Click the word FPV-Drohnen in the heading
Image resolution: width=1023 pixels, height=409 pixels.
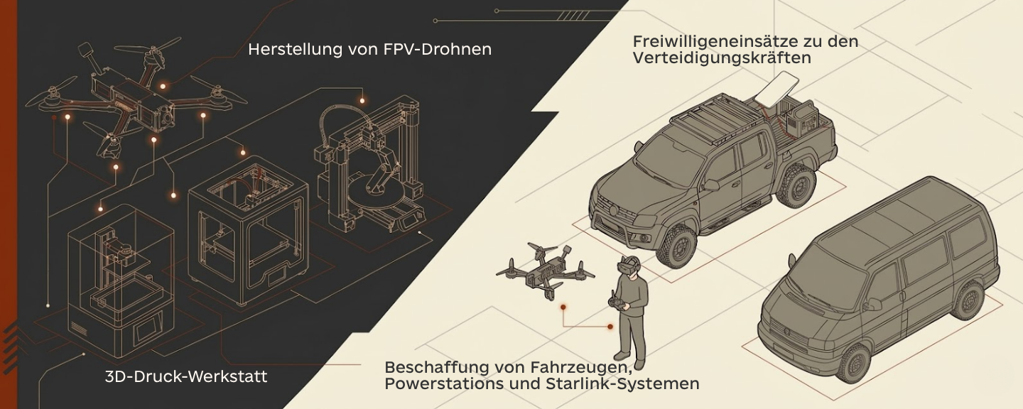[x=438, y=49]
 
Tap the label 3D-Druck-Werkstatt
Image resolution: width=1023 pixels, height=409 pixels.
[x=186, y=376]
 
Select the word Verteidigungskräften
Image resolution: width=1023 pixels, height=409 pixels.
[x=722, y=58]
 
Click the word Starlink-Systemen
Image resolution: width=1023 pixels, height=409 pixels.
[x=622, y=383]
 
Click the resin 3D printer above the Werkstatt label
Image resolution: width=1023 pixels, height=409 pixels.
[x=121, y=280]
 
